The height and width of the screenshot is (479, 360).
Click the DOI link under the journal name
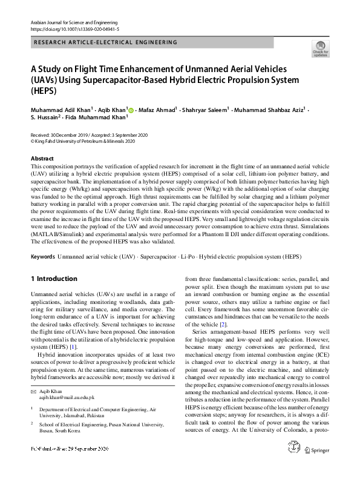pyautogui.click(x=74, y=28)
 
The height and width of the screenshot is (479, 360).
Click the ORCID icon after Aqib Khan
pyautogui.click(x=131, y=110)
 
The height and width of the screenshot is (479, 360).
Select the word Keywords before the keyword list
pyautogui.click(x=42, y=257)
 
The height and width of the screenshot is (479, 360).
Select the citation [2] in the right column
pyautogui.click(x=223, y=325)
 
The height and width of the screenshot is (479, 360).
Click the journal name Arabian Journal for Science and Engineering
pyautogui.click(x=72, y=22)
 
